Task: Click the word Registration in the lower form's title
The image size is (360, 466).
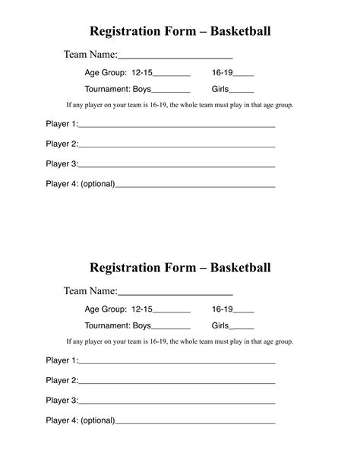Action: tap(124, 268)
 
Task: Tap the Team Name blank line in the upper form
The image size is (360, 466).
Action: tap(175, 57)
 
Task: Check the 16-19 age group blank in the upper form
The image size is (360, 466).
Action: tap(244, 75)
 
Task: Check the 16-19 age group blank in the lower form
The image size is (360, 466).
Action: tap(244, 312)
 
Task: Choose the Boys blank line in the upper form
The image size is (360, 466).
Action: tap(172, 92)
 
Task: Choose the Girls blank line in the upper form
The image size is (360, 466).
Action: tap(242, 92)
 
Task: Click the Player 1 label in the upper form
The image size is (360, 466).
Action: tap(62, 124)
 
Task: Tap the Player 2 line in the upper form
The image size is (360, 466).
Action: tap(176, 146)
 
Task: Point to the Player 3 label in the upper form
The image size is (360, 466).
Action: tap(62, 163)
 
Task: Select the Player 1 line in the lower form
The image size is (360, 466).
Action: tap(176, 363)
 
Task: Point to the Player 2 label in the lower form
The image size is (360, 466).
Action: tap(62, 380)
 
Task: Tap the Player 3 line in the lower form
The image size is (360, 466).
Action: tap(176, 402)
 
